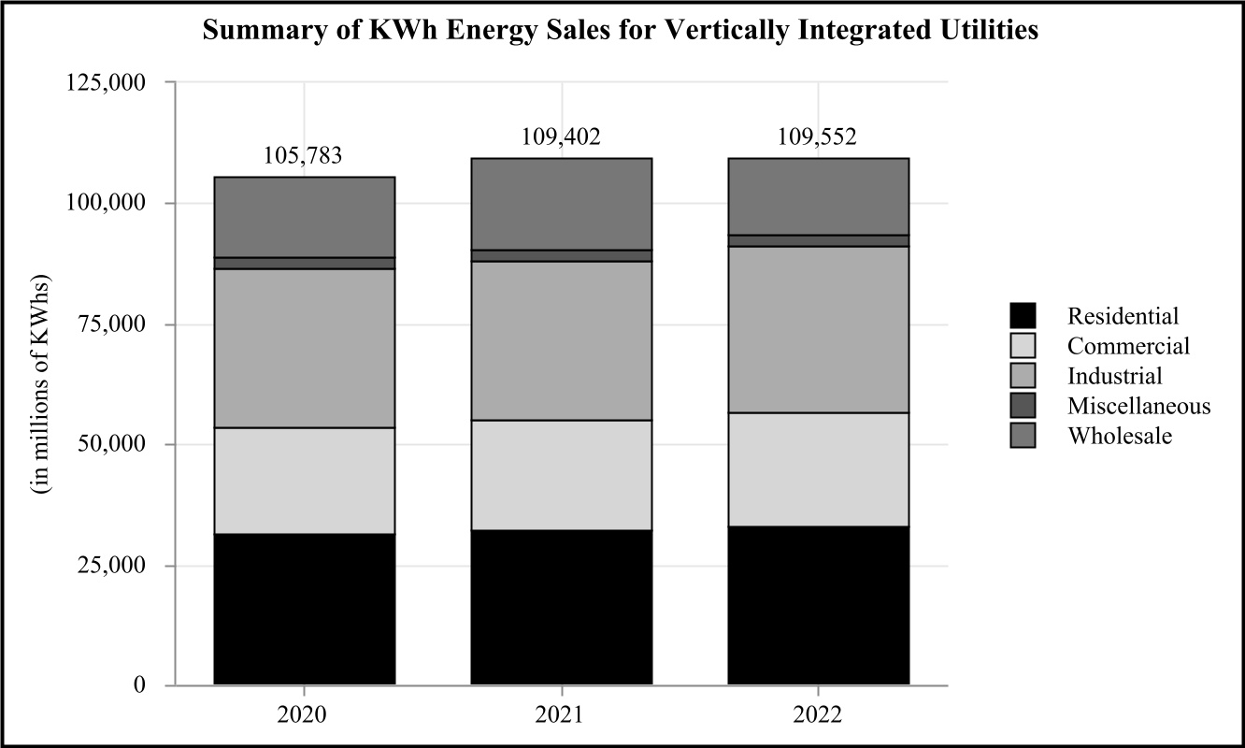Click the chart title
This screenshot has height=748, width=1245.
[622, 30]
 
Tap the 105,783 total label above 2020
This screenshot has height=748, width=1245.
[304, 155]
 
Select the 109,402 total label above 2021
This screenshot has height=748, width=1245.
[561, 137]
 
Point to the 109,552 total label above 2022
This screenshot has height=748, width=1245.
[818, 137]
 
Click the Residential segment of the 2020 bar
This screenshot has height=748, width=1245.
[304, 609]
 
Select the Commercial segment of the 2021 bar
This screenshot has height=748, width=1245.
[561, 475]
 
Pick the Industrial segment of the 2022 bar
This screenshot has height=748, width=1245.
[818, 329]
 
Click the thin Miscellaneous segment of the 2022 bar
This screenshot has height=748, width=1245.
[818, 240]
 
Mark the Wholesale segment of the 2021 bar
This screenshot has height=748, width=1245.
[561, 204]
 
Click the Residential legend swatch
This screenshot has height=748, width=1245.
[1023, 316]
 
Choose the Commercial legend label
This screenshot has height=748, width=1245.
[1129, 346]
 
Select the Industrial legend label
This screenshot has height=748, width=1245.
[1115, 376]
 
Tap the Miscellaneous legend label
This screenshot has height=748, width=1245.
[1138, 406]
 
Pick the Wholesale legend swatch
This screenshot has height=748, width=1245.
[1023, 436]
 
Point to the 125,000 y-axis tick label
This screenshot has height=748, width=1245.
[106, 82]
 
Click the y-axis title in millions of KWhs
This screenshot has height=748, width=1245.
[43, 384]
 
